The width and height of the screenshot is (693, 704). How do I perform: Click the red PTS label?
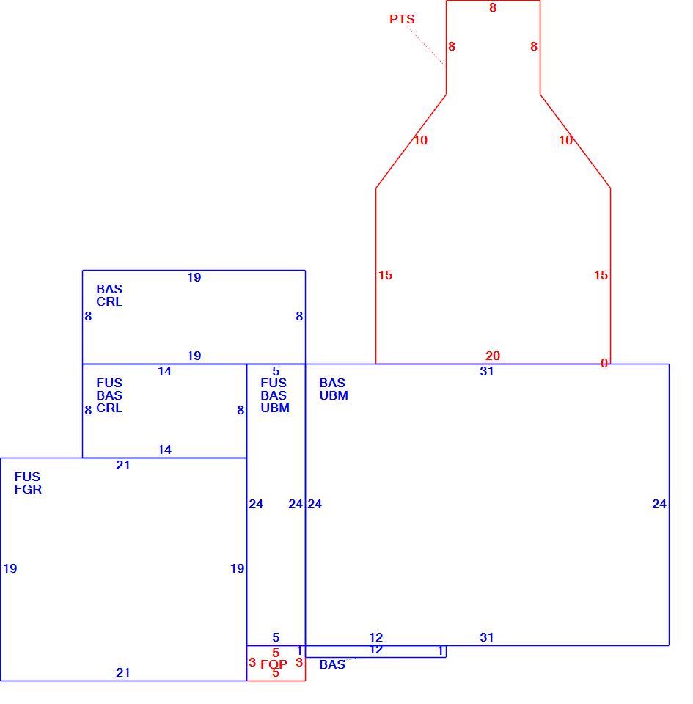(402, 19)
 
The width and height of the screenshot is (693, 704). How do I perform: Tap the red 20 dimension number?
(492, 356)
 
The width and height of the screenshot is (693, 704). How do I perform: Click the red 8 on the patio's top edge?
(493, 7)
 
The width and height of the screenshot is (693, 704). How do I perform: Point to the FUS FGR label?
(28, 483)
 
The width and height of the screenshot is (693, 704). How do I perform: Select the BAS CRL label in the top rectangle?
(109, 295)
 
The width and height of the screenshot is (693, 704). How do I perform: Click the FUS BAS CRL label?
(109, 395)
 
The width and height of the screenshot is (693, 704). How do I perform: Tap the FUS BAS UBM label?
(275, 395)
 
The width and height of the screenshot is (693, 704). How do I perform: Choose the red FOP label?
(274, 664)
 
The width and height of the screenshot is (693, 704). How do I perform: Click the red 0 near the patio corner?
(604, 363)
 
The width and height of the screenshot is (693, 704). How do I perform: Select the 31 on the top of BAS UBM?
(486, 371)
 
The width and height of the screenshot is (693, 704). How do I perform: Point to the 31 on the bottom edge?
(486, 637)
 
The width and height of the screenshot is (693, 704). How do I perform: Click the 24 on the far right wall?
(659, 504)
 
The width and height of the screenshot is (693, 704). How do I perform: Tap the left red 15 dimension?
(385, 275)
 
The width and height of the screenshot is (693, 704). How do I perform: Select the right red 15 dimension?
(601, 275)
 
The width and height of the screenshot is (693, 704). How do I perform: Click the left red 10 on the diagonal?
(420, 140)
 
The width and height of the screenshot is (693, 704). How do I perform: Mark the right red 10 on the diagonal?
(565, 140)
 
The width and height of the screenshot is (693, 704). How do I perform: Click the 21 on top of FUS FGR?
(123, 465)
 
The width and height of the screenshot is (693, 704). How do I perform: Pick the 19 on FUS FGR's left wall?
(10, 568)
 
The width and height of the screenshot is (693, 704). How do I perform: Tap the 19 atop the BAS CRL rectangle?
(194, 277)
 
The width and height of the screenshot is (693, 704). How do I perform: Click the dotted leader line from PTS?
(425, 45)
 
